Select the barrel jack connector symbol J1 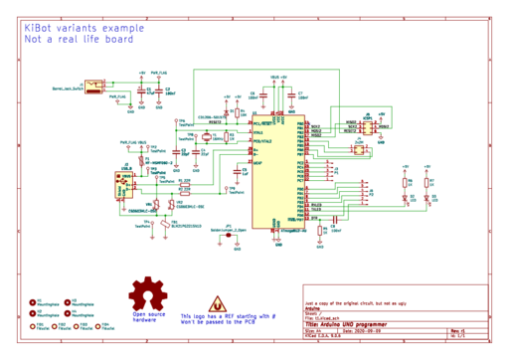point(95,86)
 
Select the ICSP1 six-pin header point(368,128)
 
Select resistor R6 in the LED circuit point(405,181)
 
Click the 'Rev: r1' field point(458,331)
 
